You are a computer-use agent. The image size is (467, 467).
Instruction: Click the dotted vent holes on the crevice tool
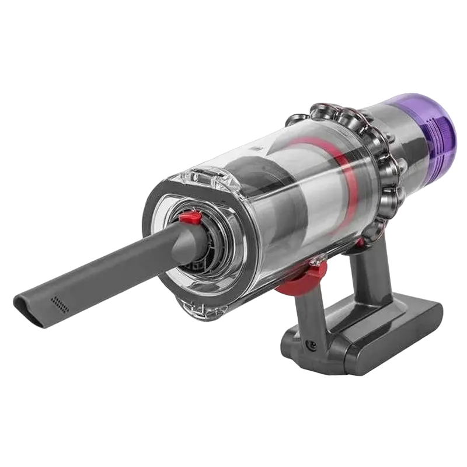click(x=58, y=302)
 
